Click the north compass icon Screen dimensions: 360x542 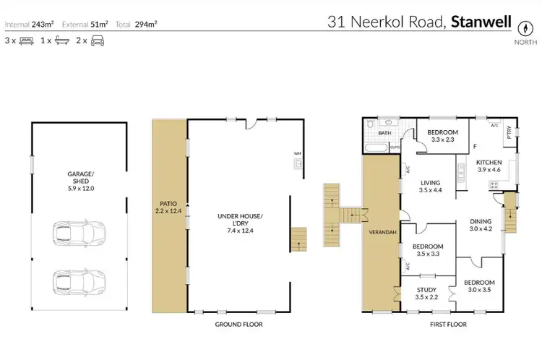(x=525, y=28)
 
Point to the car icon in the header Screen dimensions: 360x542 (x=98, y=41)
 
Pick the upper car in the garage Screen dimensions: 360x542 (x=79, y=233)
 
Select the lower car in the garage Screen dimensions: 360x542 (x=79, y=280)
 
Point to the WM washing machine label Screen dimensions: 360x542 (x=296, y=154)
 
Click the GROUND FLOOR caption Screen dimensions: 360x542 (x=238, y=325)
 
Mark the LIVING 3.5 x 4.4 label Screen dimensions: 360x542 (x=431, y=187)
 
